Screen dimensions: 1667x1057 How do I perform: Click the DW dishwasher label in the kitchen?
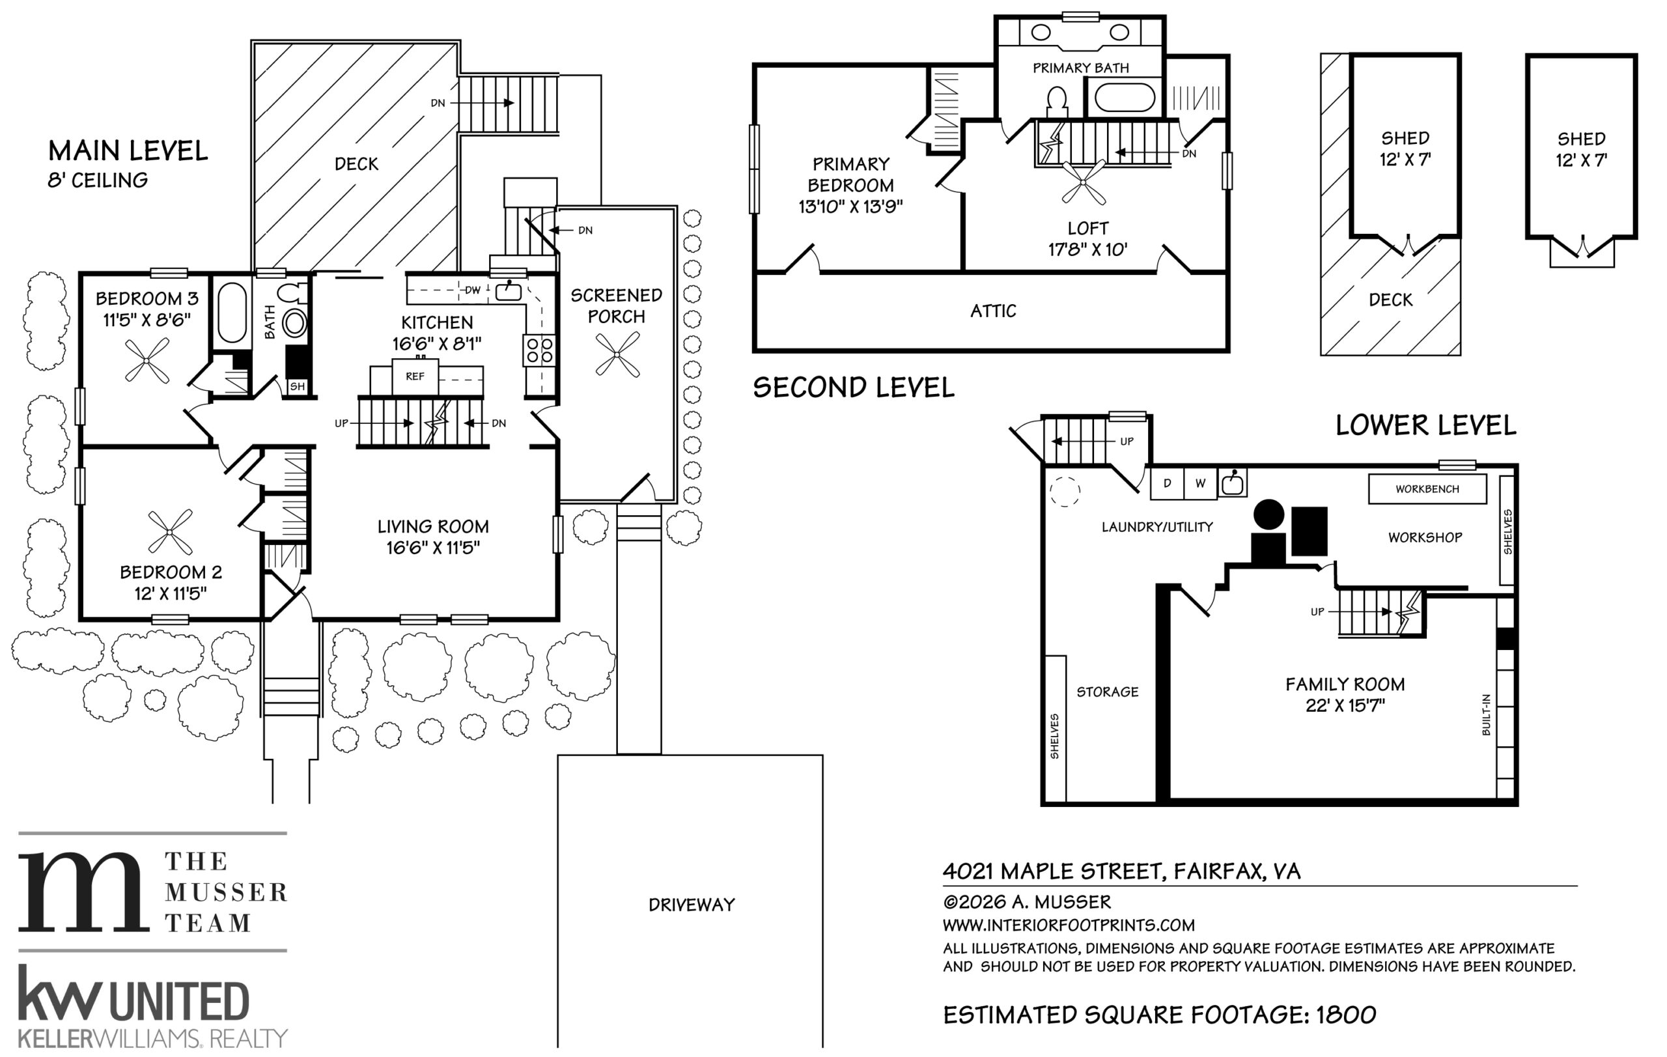(x=473, y=290)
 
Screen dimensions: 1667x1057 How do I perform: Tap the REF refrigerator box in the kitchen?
(x=415, y=376)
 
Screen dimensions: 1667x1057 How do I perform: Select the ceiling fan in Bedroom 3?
(x=147, y=361)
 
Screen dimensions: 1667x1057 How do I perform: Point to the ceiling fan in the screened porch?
(x=617, y=354)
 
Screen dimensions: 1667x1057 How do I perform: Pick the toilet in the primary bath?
(x=1057, y=102)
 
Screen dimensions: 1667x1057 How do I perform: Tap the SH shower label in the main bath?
(x=298, y=386)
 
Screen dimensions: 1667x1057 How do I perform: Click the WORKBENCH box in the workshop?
(x=1427, y=488)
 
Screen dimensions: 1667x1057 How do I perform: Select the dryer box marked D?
(x=1167, y=483)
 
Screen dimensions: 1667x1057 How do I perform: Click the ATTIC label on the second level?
(x=993, y=311)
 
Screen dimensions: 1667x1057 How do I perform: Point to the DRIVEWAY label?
(x=692, y=905)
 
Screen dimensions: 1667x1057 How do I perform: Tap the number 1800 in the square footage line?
(x=1346, y=1015)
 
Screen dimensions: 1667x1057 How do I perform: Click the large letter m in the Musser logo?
(x=83, y=892)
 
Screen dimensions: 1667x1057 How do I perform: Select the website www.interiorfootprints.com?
(x=1069, y=925)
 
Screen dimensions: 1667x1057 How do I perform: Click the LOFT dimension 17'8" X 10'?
(x=1087, y=249)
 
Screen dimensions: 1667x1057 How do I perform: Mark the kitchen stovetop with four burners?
(x=539, y=350)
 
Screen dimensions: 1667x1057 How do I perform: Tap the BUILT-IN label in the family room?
(x=1485, y=715)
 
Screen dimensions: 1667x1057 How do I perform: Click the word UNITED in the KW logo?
(x=179, y=1001)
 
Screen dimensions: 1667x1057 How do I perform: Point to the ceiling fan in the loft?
(x=1084, y=182)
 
